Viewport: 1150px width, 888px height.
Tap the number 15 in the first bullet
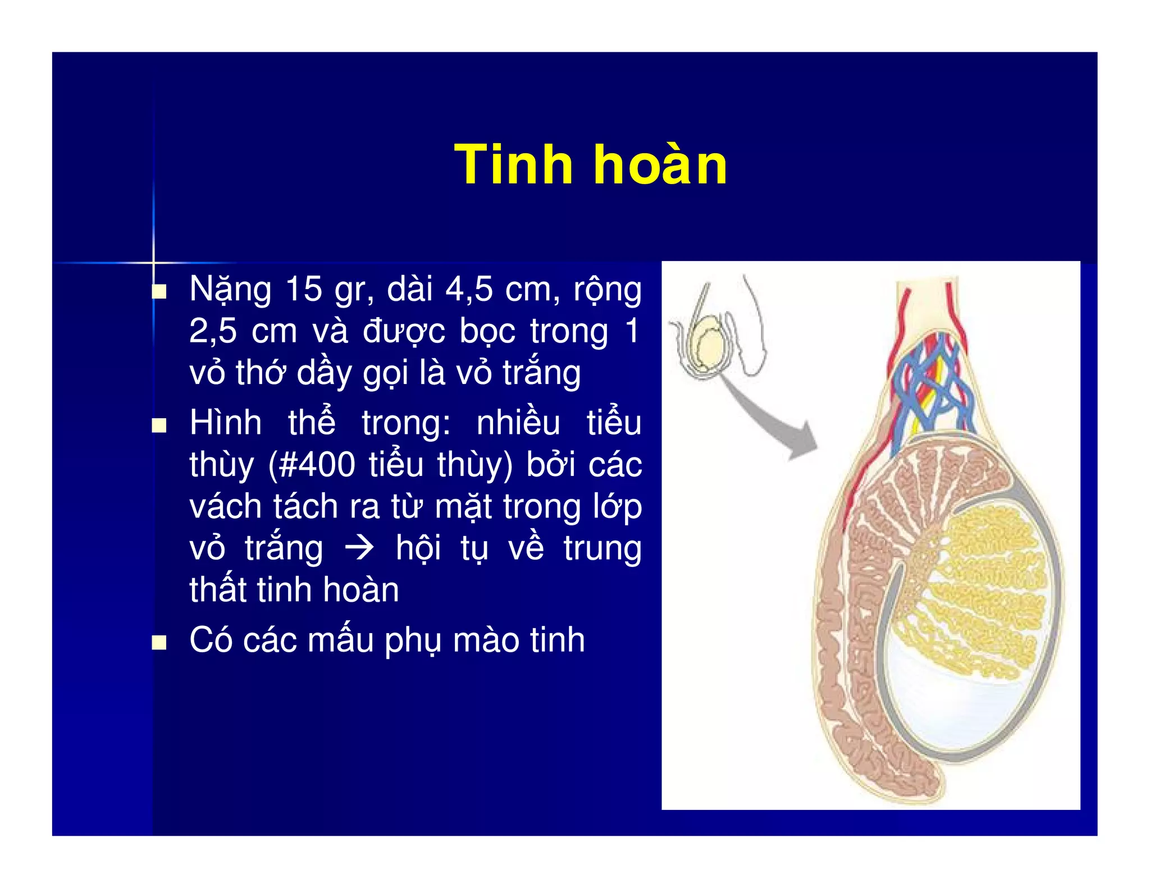pyautogui.click(x=304, y=290)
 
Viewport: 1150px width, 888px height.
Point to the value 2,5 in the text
pyautogui.click(x=213, y=331)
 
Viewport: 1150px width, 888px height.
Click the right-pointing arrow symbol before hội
pyautogui.click(x=359, y=548)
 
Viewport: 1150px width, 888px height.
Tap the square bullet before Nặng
pyautogui.click(x=160, y=291)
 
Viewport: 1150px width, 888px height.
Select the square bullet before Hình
pyautogui.click(x=160, y=425)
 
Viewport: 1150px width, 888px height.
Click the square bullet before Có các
pyautogui.click(x=160, y=642)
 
